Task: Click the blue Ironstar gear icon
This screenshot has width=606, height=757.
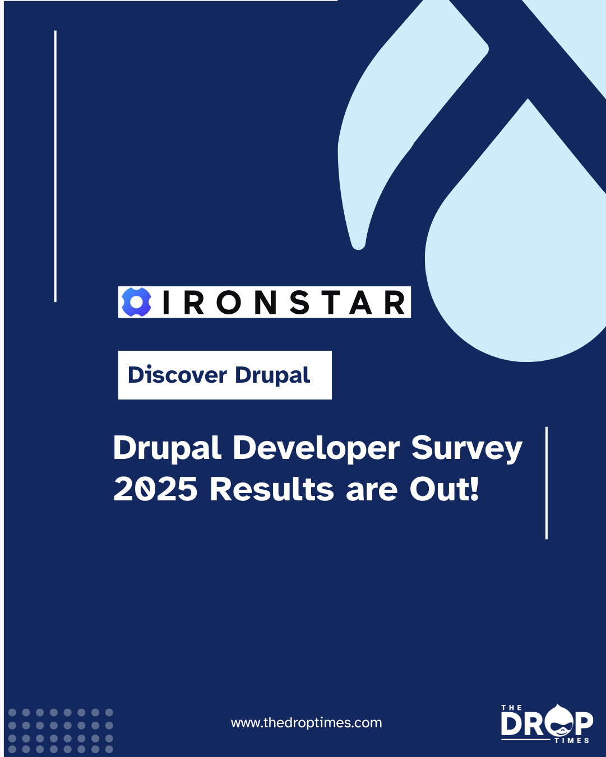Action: pos(136,302)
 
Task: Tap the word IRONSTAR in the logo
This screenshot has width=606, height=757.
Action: pos(284,303)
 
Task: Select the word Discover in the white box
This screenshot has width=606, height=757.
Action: pos(177,375)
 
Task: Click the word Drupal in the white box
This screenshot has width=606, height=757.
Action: pos(272,375)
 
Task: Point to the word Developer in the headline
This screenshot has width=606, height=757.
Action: pos(316,449)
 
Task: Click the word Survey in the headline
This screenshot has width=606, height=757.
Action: pos(466,449)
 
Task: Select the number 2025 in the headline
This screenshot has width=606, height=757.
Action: pos(155,489)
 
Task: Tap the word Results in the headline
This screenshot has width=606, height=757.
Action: pos(272,489)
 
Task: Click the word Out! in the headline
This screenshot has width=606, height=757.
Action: pos(444,489)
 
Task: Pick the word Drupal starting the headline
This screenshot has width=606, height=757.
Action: pos(167,449)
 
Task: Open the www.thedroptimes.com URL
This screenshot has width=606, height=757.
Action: pos(306,723)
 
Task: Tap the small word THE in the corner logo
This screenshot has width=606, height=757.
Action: pos(511,708)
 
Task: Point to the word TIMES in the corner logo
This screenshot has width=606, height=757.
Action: pos(572,741)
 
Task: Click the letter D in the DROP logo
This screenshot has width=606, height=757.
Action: pos(512,724)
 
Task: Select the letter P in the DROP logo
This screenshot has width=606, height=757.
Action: pos(584,723)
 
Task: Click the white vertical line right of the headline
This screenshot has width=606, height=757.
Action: pos(546,483)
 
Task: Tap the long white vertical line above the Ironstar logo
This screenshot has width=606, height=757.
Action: pos(55,166)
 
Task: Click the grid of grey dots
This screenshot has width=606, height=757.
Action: pos(61,731)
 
